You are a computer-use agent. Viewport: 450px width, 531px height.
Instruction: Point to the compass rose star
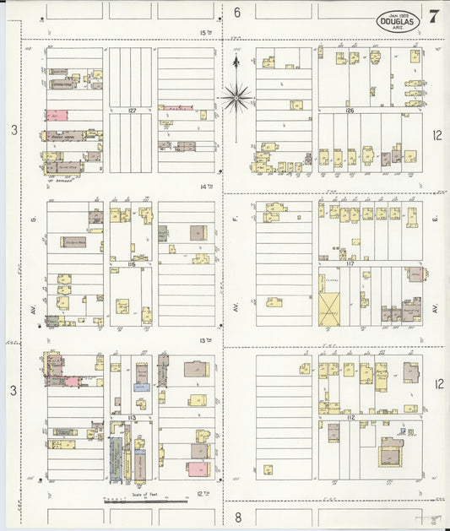[x=237, y=98]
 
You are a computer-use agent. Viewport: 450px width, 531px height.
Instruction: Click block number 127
[x=132, y=110]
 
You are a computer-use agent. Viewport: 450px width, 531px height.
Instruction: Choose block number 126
[x=349, y=110]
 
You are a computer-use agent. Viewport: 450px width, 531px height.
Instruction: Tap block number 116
[x=132, y=264]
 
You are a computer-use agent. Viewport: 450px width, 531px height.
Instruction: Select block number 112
[x=350, y=417]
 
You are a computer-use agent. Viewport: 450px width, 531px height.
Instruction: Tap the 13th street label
[x=203, y=340]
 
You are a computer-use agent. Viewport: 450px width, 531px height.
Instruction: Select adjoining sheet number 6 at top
[x=237, y=12]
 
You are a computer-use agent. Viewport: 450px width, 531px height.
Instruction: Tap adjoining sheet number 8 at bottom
[x=238, y=516]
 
